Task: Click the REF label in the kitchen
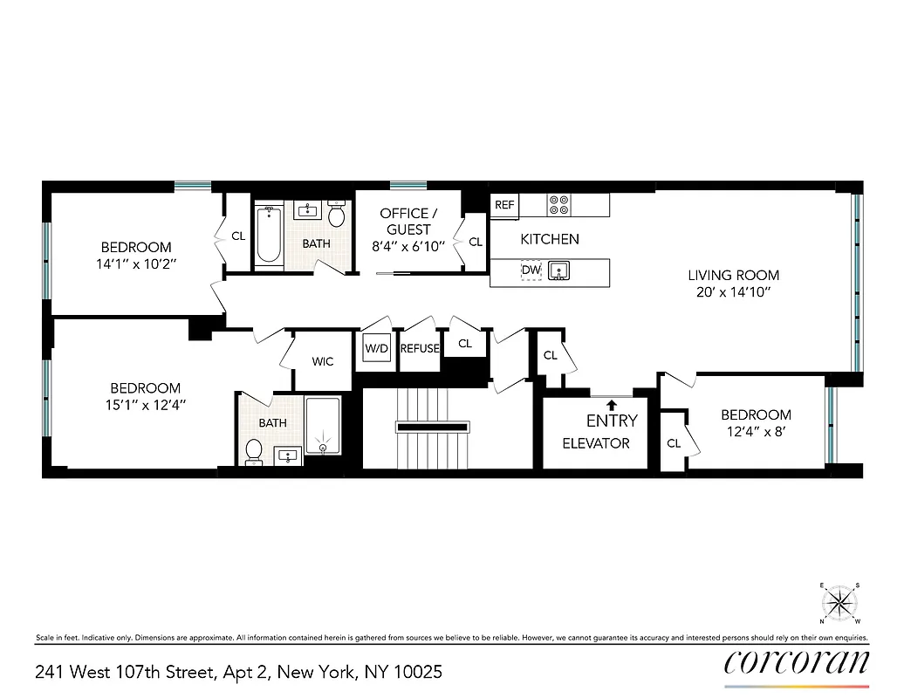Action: (x=504, y=205)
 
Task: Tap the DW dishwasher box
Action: (x=531, y=271)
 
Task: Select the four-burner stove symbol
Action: (x=558, y=205)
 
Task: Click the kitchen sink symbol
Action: (x=558, y=271)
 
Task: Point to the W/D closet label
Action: (x=377, y=349)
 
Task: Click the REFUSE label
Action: (x=419, y=349)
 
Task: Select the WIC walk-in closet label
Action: (x=323, y=361)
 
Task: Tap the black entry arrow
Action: (x=612, y=404)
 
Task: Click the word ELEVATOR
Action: (x=596, y=443)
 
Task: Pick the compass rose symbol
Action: (x=839, y=603)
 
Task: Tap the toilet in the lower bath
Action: (x=254, y=449)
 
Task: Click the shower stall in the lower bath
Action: (x=323, y=427)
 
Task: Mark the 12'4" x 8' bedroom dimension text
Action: (x=756, y=432)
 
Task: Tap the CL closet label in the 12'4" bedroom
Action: (x=674, y=443)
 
